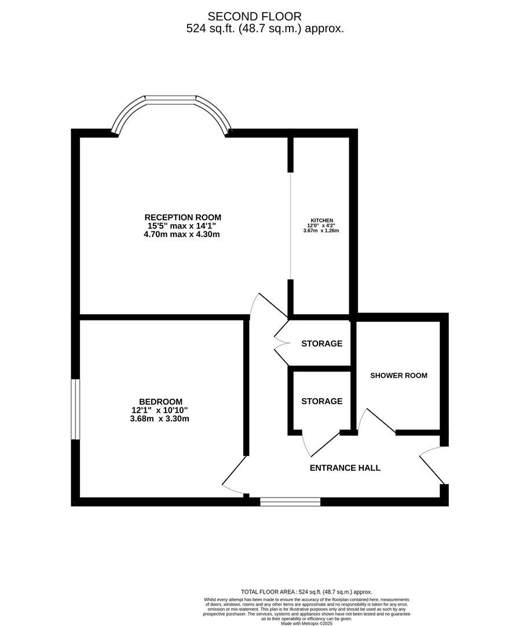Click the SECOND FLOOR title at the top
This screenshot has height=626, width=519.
coord(254,16)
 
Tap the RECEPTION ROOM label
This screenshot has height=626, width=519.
coord(182,217)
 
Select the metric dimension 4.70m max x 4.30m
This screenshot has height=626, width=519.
coord(182,235)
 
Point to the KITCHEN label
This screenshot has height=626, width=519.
coord(321,220)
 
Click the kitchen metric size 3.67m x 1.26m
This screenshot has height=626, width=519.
coord(321,231)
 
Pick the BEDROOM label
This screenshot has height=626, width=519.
coord(160,401)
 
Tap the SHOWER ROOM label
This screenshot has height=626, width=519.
coord(399,376)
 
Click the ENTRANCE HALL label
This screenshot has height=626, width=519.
coord(345,468)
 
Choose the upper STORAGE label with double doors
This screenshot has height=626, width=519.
coord(321,344)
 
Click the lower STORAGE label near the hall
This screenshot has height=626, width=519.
coord(321,401)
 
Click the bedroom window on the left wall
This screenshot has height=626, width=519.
coord(75,409)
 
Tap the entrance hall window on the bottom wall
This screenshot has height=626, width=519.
coord(290,501)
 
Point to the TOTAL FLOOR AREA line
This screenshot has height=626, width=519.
coord(306,592)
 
